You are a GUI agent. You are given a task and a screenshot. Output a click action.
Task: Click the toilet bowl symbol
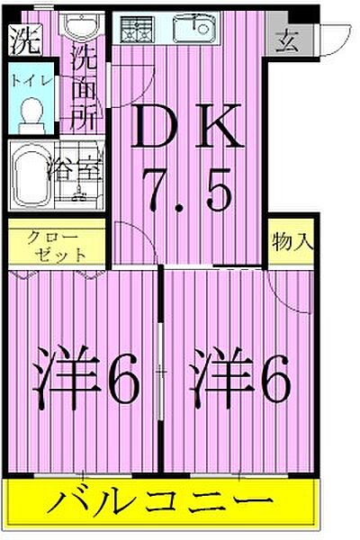tap(32, 115)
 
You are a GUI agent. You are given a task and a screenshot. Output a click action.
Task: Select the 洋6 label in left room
tap(88, 382)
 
